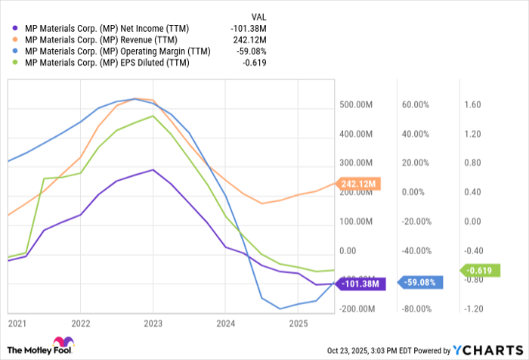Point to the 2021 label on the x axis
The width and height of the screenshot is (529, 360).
pyautogui.click(x=17, y=324)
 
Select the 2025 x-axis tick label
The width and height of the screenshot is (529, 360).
pyautogui.click(x=298, y=324)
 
